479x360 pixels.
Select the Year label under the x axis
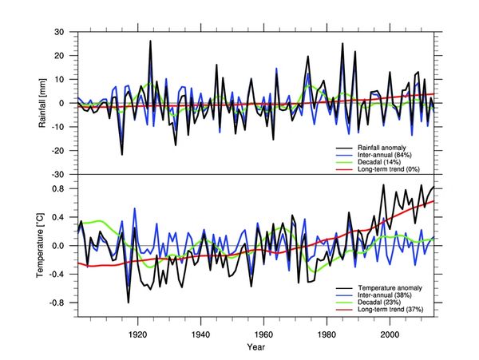tap(256, 347)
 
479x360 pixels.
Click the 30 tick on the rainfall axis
tap(58, 33)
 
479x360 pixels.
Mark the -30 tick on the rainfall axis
tap(57, 174)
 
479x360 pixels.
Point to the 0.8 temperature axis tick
tap(57, 188)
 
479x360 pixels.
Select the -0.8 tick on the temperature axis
tap(56, 303)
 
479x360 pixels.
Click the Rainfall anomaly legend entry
tap(386, 148)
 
